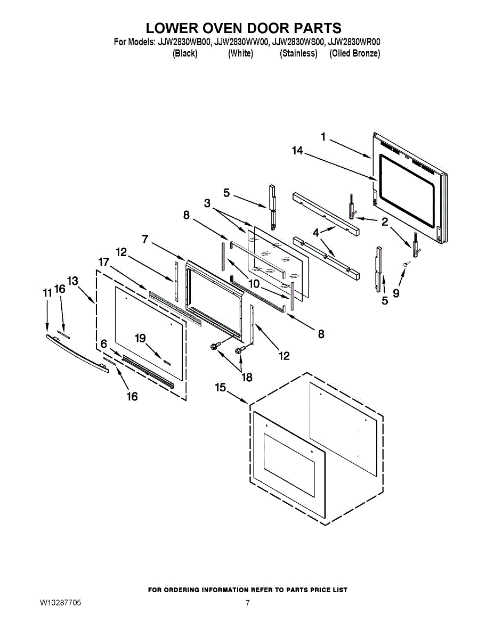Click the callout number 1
click(x=323, y=137)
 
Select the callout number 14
click(x=297, y=151)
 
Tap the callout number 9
click(x=396, y=292)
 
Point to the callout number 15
click(x=221, y=388)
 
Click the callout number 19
click(x=140, y=338)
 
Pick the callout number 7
click(x=145, y=239)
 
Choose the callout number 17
click(x=103, y=262)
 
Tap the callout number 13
click(x=73, y=281)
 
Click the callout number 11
click(x=47, y=292)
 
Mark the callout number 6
click(x=103, y=344)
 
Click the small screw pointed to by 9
click(x=407, y=263)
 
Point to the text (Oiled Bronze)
click(x=354, y=53)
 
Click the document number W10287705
click(x=60, y=603)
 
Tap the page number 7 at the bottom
click(x=248, y=603)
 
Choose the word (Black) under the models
click(x=185, y=53)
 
